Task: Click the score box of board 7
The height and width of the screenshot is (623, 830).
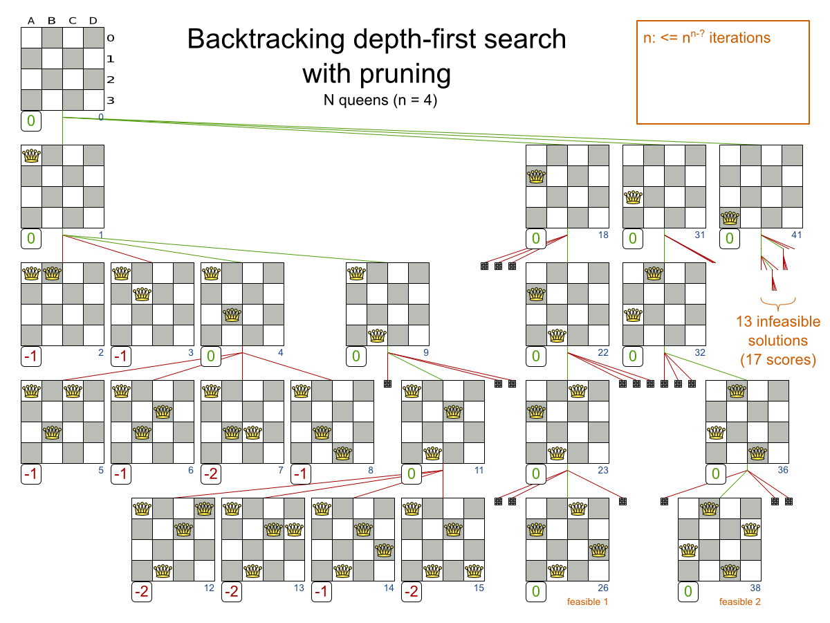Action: [x=211, y=475]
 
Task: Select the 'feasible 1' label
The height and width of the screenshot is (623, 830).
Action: [x=587, y=602]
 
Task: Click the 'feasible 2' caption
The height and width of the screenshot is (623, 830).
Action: [x=739, y=602]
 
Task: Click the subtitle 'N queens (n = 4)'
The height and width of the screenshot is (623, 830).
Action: [x=380, y=99]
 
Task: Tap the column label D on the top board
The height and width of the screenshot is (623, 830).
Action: [x=93, y=20]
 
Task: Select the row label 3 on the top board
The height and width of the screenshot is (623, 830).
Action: [x=110, y=100]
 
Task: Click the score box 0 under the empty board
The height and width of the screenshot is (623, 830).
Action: [x=31, y=122]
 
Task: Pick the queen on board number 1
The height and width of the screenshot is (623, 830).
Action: [x=31, y=156]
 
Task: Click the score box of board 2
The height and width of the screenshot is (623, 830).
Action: [x=31, y=357]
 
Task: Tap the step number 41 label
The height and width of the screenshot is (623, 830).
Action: [x=796, y=235]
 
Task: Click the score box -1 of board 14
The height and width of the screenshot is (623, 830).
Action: [x=322, y=593]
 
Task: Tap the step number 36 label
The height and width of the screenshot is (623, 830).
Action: [x=782, y=470]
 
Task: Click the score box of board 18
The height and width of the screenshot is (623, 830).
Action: [x=536, y=240]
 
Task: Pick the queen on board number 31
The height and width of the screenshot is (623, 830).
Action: [x=633, y=197]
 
